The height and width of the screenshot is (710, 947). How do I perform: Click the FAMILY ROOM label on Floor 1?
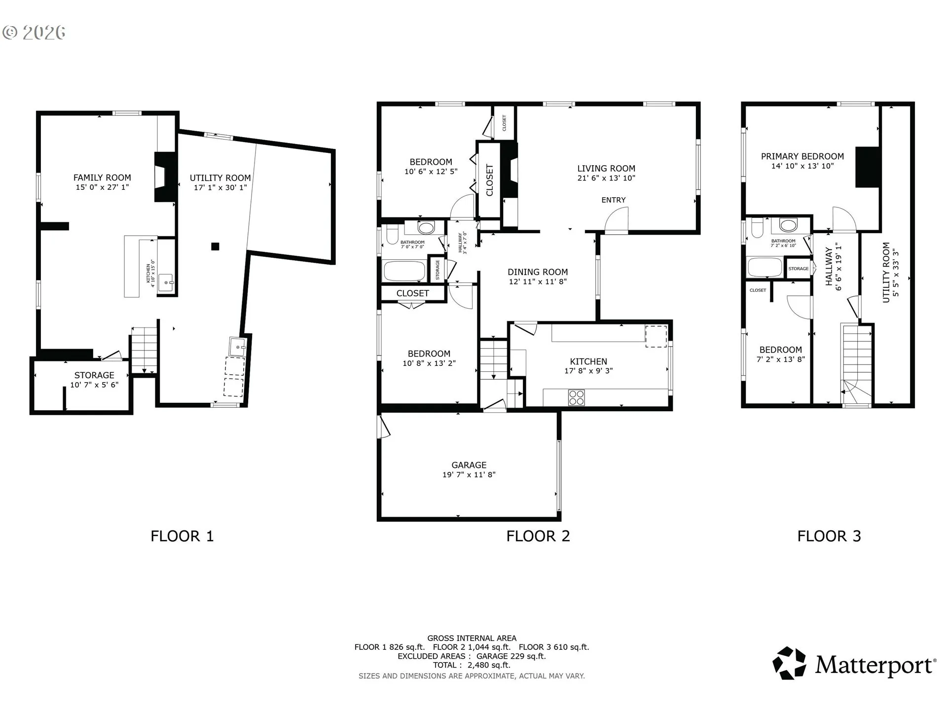pos(102,177)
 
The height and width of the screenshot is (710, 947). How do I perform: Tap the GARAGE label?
pos(469,465)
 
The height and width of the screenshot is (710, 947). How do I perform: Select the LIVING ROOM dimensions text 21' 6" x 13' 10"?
pos(606,178)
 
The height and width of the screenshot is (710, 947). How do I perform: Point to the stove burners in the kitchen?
pos(577,397)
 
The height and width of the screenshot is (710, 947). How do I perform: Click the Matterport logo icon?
pos(789,663)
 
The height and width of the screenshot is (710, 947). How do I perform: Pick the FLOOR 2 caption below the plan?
pos(538,536)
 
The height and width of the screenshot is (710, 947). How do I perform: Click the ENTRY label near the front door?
pos(614,200)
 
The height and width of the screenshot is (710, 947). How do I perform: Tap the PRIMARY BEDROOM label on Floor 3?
pos(802,156)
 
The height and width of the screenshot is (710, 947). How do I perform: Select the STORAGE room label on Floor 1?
pos(94,375)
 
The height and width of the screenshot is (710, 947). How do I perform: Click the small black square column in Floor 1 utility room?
pos(215,247)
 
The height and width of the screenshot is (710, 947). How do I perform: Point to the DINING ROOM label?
pos(538,272)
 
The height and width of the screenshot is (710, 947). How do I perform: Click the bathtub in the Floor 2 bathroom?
pos(404,271)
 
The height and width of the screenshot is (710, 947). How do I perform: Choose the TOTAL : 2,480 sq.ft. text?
pos(472,665)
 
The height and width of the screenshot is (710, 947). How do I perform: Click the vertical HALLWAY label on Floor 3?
pos(829,267)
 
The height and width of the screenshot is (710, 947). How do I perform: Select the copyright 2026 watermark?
pos(34,33)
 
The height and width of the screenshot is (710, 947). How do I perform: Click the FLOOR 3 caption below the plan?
pos(829,536)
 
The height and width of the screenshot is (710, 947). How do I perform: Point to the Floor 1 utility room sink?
pos(238,347)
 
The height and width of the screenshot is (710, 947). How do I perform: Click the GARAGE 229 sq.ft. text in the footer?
pos(511,656)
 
